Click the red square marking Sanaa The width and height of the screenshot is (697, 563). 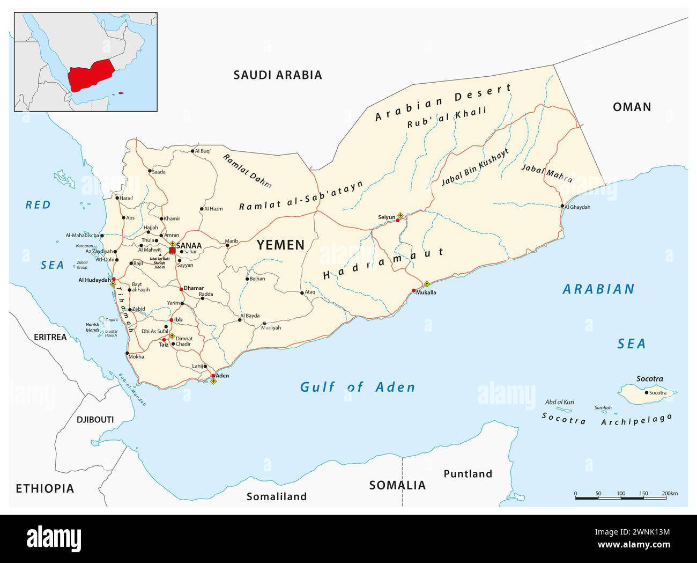pyautogui.click(x=172, y=251)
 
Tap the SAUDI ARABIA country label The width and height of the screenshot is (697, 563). pyautogui.click(x=278, y=75)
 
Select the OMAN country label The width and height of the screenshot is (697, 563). pyautogui.click(x=632, y=107)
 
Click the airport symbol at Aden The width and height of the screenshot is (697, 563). pyautogui.click(x=213, y=382)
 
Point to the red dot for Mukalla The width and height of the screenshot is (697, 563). pyautogui.click(x=413, y=290)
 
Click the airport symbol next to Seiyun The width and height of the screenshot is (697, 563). pyautogui.click(x=399, y=216)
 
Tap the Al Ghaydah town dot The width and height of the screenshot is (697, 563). pyautogui.click(x=562, y=206)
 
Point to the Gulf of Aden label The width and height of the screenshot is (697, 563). pyautogui.click(x=357, y=387)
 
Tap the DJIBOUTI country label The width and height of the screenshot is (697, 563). pyautogui.click(x=95, y=419)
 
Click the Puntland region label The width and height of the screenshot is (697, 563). pyautogui.click(x=468, y=473)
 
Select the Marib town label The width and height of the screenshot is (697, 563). pyautogui.click(x=231, y=241)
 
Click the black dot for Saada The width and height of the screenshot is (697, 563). pyautogui.click(x=150, y=172)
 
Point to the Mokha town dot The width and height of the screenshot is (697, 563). pyautogui.click(x=127, y=353)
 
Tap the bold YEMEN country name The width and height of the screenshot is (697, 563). pyautogui.click(x=280, y=245)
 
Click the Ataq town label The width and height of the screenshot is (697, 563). pyautogui.click(x=310, y=293)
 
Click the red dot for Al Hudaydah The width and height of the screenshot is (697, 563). pyautogui.click(x=114, y=279)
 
